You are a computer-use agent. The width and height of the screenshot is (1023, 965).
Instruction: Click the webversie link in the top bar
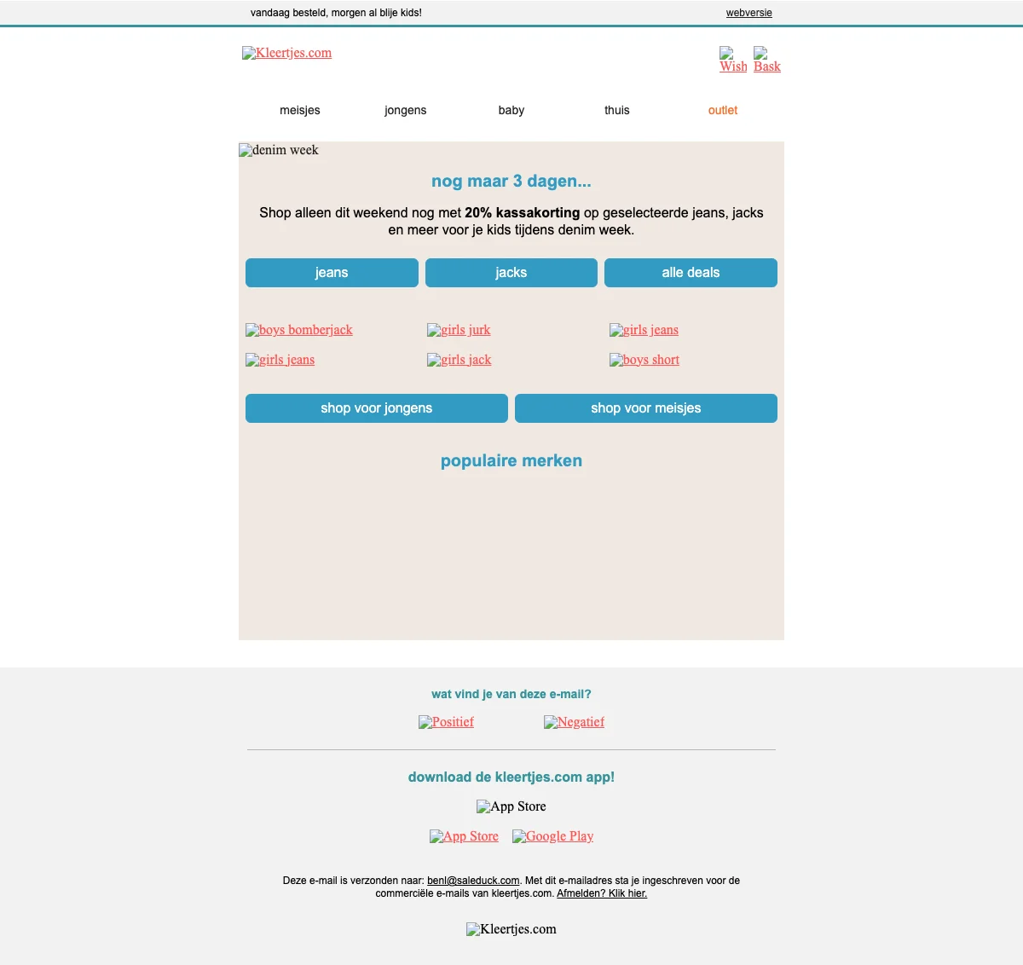click(748, 13)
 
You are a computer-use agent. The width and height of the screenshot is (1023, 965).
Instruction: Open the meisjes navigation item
click(300, 110)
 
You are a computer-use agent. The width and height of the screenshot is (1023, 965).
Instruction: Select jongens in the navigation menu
click(405, 110)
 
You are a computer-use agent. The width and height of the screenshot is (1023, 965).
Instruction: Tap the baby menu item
click(511, 110)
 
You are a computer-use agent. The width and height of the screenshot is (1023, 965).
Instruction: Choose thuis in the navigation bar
click(617, 110)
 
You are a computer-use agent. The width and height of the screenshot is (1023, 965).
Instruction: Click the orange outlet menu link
click(723, 110)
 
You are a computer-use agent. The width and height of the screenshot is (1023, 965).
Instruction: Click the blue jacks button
click(511, 273)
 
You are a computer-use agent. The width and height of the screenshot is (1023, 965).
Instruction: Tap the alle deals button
click(691, 273)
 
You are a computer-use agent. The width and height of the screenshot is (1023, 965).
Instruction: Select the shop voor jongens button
click(377, 408)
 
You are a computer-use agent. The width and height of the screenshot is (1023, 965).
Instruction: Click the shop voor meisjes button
click(646, 408)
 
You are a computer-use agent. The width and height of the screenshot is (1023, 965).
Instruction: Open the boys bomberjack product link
click(299, 330)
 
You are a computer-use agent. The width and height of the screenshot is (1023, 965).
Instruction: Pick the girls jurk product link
click(459, 330)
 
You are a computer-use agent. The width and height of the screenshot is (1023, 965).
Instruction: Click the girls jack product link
click(459, 360)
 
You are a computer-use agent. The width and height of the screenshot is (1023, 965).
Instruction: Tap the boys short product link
click(644, 360)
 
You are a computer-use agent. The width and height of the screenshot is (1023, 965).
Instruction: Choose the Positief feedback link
click(447, 722)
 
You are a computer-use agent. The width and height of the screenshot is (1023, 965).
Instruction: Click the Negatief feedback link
click(575, 722)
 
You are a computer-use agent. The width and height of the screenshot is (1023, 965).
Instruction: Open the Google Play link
click(553, 836)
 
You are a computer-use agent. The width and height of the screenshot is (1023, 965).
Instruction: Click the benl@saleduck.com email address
click(473, 881)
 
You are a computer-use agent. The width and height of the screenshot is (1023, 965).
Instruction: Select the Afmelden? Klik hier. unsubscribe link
click(602, 893)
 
